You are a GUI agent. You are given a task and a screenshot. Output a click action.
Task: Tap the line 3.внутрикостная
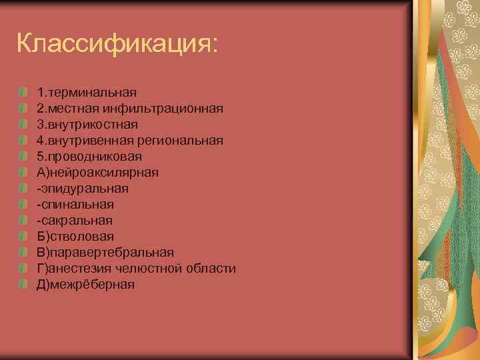[x=87, y=124]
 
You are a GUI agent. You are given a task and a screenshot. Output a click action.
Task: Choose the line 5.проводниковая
[x=89, y=156]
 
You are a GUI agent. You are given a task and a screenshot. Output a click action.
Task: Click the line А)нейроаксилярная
[x=97, y=172]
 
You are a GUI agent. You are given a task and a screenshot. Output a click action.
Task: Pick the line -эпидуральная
[x=83, y=188]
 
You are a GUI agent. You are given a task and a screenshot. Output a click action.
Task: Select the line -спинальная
[x=75, y=204]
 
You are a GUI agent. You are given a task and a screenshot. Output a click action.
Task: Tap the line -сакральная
[x=75, y=220]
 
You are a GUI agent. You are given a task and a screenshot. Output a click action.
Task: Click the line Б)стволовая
[x=75, y=236]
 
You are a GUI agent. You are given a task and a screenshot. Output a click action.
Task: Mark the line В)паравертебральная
[x=105, y=252]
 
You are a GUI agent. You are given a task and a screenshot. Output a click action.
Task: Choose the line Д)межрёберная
[x=86, y=284]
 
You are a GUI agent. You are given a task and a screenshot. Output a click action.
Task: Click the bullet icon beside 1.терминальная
[x=23, y=92]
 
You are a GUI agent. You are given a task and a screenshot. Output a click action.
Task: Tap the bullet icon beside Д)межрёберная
[x=23, y=284]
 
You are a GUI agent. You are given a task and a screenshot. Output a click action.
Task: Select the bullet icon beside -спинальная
[x=23, y=204]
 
